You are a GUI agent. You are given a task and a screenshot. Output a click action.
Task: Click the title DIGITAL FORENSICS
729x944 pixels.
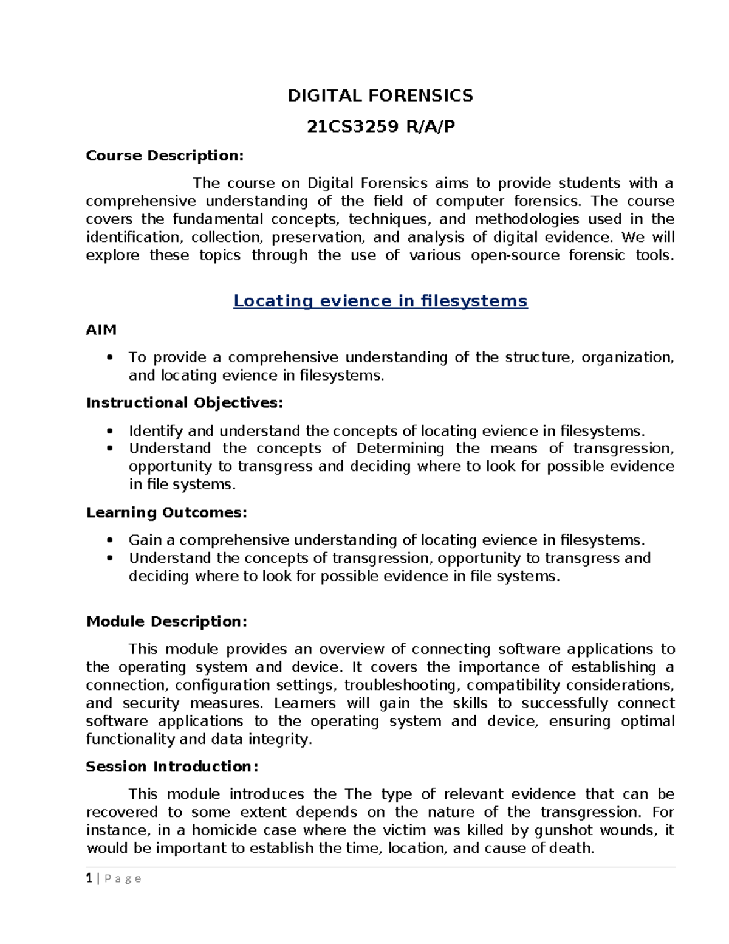click(x=380, y=95)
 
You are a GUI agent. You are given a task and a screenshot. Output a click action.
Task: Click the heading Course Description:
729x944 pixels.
click(x=165, y=156)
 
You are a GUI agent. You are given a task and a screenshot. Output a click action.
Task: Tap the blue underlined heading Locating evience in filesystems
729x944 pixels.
click(x=380, y=301)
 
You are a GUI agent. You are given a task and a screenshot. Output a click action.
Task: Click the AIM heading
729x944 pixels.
click(x=101, y=329)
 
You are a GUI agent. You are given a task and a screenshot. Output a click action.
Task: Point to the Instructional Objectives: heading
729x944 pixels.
click(x=185, y=402)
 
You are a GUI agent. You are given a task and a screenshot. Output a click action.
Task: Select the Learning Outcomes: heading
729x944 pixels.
click(x=166, y=512)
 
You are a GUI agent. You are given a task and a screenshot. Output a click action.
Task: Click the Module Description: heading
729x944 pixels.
click(x=166, y=621)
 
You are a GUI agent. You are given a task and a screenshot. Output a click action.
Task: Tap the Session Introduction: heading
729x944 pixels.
click(x=172, y=767)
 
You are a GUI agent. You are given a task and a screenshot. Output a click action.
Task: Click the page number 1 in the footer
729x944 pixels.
click(x=89, y=878)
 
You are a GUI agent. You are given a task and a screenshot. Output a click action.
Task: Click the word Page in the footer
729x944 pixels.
click(x=123, y=878)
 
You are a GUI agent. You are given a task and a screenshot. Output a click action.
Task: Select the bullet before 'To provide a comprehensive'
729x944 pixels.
click(x=109, y=357)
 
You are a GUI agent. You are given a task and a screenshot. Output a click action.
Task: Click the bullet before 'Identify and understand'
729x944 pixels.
click(x=109, y=431)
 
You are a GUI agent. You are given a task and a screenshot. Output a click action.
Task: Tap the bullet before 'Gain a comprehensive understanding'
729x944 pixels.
click(x=109, y=540)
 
